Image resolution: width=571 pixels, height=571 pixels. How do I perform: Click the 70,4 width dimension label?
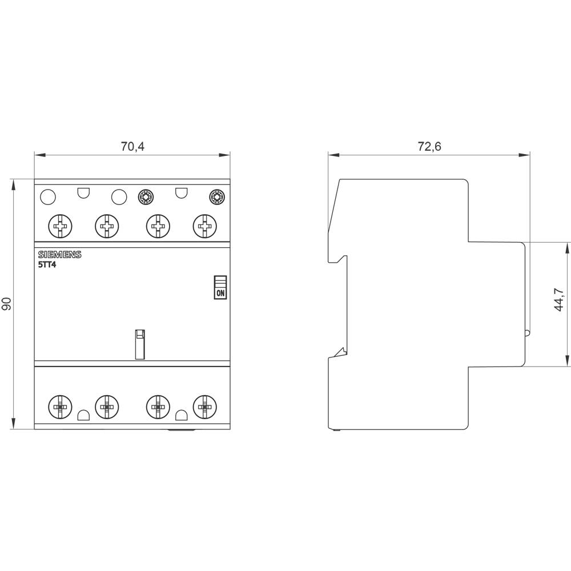132,147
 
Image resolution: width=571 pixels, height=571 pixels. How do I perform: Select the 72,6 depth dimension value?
429,147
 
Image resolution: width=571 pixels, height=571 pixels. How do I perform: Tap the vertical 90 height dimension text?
7,304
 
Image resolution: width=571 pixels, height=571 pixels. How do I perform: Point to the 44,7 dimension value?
559,299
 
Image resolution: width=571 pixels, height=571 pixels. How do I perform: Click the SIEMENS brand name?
59,255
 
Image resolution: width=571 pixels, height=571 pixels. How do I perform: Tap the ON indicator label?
220,293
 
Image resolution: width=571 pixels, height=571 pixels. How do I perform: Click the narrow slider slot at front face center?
140,344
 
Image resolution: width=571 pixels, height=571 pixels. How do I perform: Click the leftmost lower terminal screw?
59,407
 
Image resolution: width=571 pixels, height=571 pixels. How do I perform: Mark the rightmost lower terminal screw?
204,407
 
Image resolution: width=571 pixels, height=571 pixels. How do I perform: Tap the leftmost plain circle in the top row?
49,198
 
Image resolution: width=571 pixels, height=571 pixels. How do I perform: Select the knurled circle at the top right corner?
217,198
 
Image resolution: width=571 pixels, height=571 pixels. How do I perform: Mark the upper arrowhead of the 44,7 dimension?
567,246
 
